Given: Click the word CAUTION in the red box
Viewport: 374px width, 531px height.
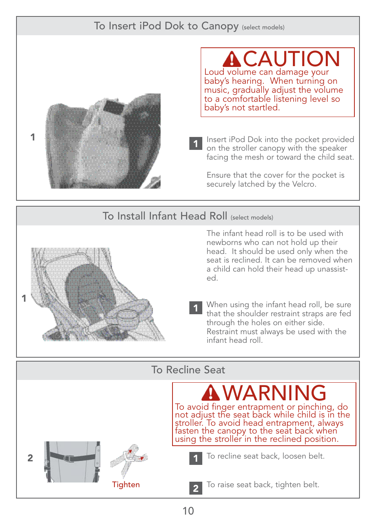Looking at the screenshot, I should (291, 59).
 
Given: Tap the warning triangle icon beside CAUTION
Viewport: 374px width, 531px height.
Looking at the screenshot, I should (232, 59).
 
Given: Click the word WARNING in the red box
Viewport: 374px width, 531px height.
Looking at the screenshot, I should (274, 393).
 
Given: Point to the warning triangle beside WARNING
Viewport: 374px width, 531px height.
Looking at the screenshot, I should (211, 393).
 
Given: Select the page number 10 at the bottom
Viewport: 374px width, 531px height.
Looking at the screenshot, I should (188, 511).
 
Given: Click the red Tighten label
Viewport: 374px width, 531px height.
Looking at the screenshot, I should (126, 484).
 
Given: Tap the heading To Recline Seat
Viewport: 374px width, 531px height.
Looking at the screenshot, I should (188, 370).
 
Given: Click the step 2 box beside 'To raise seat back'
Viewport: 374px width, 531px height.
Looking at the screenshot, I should (196, 488).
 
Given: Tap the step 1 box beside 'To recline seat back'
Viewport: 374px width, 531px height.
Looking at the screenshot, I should (196, 458).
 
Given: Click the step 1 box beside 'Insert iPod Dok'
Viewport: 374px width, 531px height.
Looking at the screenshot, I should (196, 144).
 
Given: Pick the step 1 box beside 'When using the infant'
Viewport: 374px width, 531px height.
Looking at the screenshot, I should (196, 308).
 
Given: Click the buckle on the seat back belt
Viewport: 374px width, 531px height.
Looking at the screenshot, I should (69, 458).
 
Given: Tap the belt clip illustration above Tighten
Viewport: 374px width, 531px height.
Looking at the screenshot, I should (129, 458).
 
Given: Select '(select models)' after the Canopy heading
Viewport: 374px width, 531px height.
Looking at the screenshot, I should (263, 27).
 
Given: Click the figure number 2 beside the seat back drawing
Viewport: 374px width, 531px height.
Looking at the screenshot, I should (30, 458).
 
